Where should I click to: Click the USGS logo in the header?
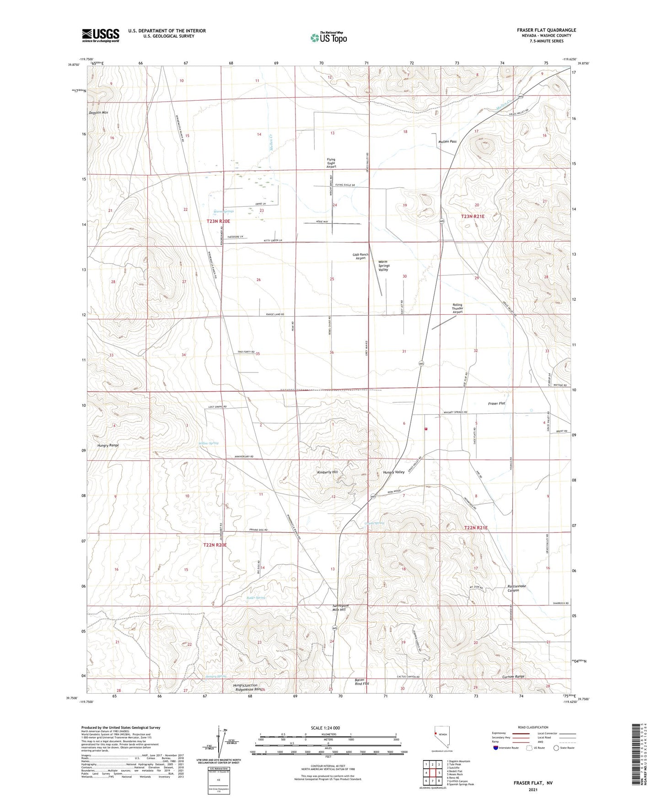coord(101,35)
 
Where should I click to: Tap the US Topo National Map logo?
coord(328,37)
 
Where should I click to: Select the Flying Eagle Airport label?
coord(331,163)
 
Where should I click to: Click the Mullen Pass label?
coord(447,142)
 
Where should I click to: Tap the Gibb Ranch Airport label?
coord(360,256)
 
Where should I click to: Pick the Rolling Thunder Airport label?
coord(457,308)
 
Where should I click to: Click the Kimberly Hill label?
coord(328,472)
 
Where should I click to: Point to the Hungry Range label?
coord(108,445)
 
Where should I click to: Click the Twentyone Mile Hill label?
coord(339,608)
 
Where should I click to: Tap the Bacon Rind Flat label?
coord(362,682)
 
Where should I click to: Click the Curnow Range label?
coord(513,676)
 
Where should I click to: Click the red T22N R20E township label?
coord(215,545)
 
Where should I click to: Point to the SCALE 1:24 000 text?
coord(325,728)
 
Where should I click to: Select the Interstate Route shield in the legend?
coord(496,748)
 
